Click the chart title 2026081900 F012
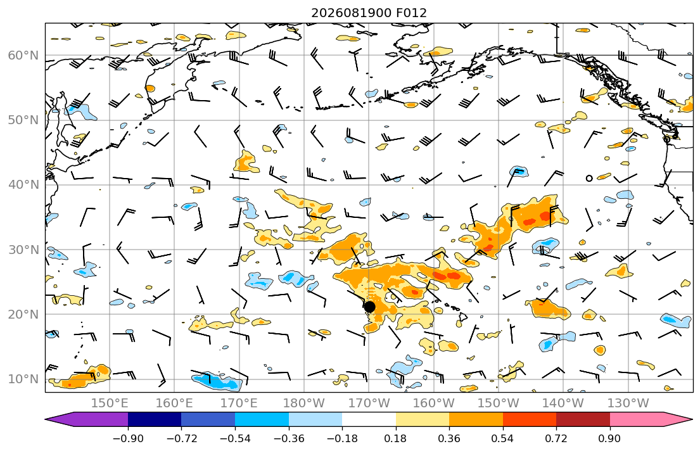369,13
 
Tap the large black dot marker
369,307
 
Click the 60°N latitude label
23,55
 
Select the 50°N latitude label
23,120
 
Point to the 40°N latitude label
23,185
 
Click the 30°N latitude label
23,250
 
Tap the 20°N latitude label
23,314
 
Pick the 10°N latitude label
23,379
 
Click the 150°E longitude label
110,403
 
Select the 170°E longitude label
239,403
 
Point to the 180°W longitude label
304,403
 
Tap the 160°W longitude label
433,403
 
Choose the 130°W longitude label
628,403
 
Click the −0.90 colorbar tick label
128,438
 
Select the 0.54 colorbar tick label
503,438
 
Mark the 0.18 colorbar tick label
395,438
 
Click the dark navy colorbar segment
155,419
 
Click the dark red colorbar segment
583,419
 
